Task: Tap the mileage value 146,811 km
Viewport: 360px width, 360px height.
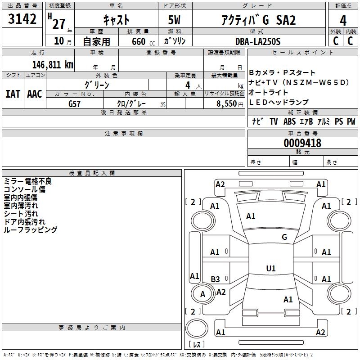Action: coord(53,64)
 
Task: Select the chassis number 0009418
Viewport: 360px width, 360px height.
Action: coord(302,144)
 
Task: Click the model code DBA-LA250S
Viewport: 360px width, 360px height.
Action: coord(258,41)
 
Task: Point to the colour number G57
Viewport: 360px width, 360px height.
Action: coord(75,103)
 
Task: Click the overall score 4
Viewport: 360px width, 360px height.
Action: coord(343,20)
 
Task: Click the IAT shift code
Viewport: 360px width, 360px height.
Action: coord(13,94)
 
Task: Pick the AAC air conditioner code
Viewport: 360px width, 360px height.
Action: coord(34,94)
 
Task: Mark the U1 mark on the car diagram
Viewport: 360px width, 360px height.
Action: coord(271,268)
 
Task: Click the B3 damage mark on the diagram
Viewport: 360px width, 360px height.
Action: coord(216,279)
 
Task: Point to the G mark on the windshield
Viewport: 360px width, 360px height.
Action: coord(284,237)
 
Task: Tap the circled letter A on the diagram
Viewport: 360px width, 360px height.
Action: coord(202,294)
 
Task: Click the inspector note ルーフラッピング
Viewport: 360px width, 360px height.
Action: coord(30,230)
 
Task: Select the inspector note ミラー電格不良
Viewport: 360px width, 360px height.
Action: coord(27,181)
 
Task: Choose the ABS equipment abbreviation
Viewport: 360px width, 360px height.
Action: coord(289,121)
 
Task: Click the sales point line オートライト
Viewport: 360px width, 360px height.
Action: coord(268,92)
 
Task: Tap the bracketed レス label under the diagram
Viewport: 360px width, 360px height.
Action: coord(196,345)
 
